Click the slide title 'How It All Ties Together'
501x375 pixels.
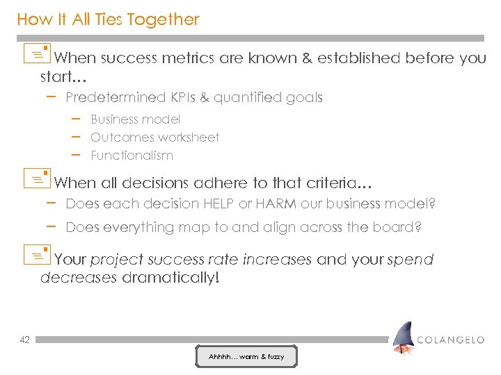(108, 19)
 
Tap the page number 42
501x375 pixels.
(24, 340)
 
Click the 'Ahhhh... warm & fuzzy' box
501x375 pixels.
(246, 357)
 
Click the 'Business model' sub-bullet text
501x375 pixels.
(135, 119)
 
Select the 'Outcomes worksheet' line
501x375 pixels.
(154, 137)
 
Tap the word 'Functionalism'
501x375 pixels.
(132, 156)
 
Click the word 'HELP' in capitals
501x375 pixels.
(218, 204)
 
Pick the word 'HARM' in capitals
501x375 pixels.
(275, 204)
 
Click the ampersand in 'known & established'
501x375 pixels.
(307, 58)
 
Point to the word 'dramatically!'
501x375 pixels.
(170, 278)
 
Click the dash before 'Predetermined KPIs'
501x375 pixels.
(51, 97)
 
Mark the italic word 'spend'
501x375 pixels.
(411, 260)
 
